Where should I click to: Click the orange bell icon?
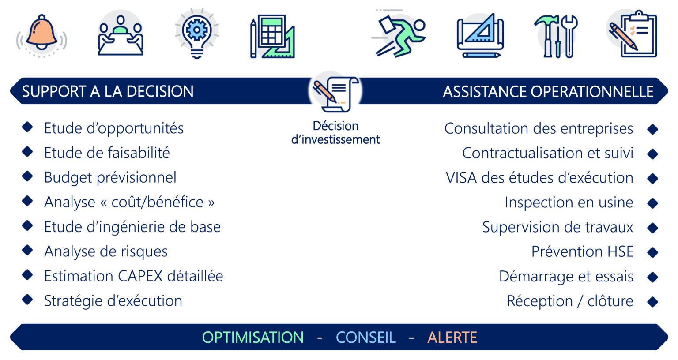click(41, 35)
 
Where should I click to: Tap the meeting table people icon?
click(121, 35)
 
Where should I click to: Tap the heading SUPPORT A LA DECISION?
click(108, 91)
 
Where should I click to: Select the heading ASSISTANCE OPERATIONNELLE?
click(548, 91)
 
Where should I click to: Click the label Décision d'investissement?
click(335, 132)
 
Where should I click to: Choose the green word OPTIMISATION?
click(253, 337)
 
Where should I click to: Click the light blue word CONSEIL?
click(365, 337)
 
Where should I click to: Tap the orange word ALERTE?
click(452, 337)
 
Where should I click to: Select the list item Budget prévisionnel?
click(110, 178)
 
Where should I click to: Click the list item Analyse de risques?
click(105, 251)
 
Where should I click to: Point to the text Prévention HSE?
click(582, 251)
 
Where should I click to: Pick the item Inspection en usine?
click(569, 202)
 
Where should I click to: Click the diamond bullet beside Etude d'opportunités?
click(27, 127)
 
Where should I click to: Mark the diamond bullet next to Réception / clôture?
click(652, 302)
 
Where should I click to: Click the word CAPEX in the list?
click(140, 276)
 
